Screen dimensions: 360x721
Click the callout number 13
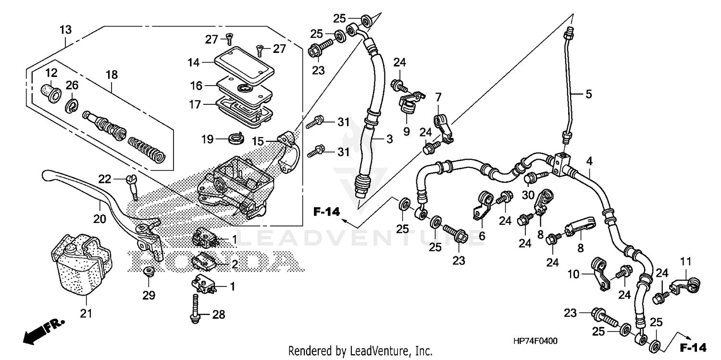(x=65, y=30)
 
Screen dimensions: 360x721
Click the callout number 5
(x=588, y=94)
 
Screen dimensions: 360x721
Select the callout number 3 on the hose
(x=389, y=139)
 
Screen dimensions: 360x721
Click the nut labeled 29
(x=149, y=273)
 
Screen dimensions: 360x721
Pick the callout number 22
(x=105, y=179)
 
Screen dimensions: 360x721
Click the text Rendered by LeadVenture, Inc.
(x=360, y=351)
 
